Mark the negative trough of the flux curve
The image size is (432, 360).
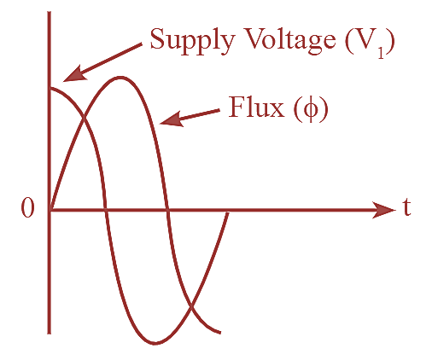point(155,344)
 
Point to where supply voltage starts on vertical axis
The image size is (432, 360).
point(50,86)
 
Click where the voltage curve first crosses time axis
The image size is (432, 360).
point(105,209)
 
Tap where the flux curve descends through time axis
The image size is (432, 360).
point(168,209)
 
